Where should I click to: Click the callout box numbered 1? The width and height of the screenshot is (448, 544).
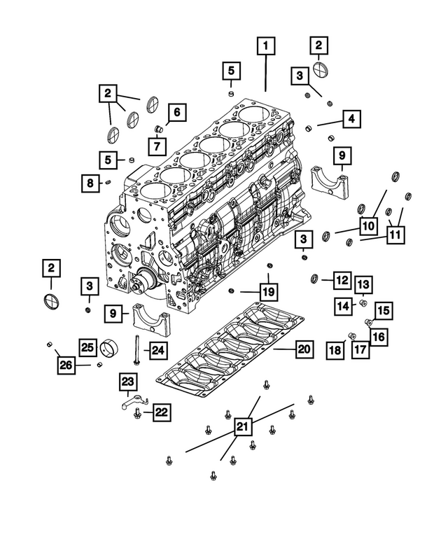266,47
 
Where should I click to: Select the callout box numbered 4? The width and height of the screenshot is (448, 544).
352,119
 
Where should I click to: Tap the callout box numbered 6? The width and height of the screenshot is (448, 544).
176,111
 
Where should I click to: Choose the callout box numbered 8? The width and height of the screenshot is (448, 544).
91,183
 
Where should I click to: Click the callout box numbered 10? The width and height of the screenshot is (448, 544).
368,225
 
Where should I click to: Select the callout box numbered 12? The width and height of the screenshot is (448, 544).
341,281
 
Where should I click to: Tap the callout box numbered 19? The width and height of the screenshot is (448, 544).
268,291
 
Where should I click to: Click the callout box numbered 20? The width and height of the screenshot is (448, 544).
303,348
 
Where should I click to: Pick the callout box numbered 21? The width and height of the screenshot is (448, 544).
241,426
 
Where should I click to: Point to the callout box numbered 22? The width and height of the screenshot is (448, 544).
160,413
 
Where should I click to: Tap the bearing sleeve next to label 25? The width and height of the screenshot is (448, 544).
109,347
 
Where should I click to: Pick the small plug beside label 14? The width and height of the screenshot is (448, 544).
363,303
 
